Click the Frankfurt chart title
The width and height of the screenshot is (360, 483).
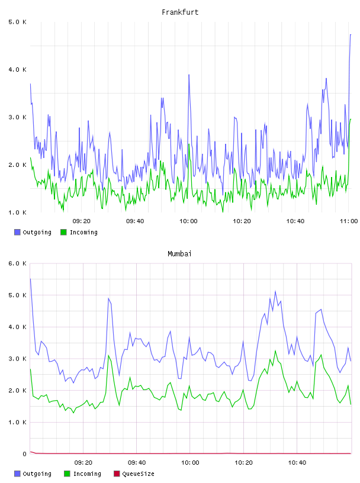pyautogui.click(x=180, y=12)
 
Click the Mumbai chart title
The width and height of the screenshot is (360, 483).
pyautogui.click(x=179, y=254)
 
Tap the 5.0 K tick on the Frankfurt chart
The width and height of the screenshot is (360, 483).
pyautogui.click(x=17, y=22)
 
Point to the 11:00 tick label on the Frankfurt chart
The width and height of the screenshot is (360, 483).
pyautogui.click(x=349, y=221)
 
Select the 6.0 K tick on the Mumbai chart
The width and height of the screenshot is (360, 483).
pyautogui.click(x=17, y=263)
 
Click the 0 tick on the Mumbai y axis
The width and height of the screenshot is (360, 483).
pyautogui.click(x=24, y=454)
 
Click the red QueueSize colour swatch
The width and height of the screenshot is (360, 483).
pyautogui.click(x=117, y=474)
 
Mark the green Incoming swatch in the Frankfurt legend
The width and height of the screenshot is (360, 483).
pyautogui.click(x=63, y=232)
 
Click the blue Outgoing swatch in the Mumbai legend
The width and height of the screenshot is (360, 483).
pyautogui.click(x=17, y=474)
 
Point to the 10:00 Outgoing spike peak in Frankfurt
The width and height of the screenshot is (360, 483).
pyautogui.click(x=189, y=75)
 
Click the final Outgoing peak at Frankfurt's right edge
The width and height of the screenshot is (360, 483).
pyautogui.click(x=351, y=34)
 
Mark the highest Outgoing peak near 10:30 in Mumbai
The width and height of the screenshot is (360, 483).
pyautogui.click(x=275, y=291)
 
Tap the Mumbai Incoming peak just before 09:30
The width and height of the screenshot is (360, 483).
pyautogui.click(x=108, y=356)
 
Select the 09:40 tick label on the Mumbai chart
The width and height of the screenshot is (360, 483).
pyautogui.click(x=137, y=463)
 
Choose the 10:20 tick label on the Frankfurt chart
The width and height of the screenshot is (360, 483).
pyautogui.click(x=242, y=221)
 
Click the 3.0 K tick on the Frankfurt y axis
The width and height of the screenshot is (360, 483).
pyautogui.click(x=17, y=117)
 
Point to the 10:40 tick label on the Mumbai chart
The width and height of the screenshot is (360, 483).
pyautogui.click(x=297, y=463)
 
